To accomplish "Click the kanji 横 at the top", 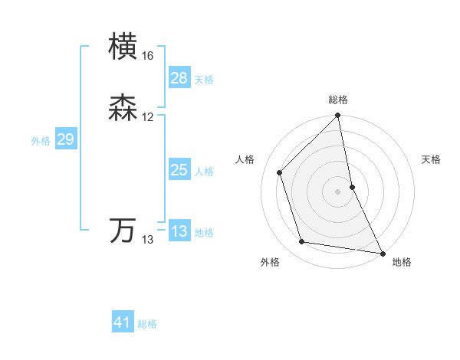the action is point(123,47).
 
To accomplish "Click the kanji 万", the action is point(123,231).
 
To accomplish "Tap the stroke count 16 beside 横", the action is point(148,56).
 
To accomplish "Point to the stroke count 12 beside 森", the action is point(148,117).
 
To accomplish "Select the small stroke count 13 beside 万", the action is point(148,240).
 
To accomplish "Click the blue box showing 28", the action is point(179,78).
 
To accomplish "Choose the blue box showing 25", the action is point(179,170).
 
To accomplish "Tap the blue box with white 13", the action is point(179,231).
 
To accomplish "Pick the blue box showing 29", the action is point(65,139).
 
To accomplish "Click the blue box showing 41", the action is point(123,322).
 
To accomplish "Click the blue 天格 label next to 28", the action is point(204,80).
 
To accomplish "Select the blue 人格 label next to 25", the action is point(204,172).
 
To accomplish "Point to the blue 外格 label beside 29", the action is point(41,141).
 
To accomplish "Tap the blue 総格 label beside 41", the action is point(147,324).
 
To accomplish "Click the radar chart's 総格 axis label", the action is point(337,100).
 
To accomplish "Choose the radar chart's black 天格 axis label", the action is point(431,159).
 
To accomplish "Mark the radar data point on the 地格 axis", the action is point(383,253).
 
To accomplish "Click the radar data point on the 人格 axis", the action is point(280,172).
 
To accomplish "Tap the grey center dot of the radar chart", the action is point(337,191).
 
